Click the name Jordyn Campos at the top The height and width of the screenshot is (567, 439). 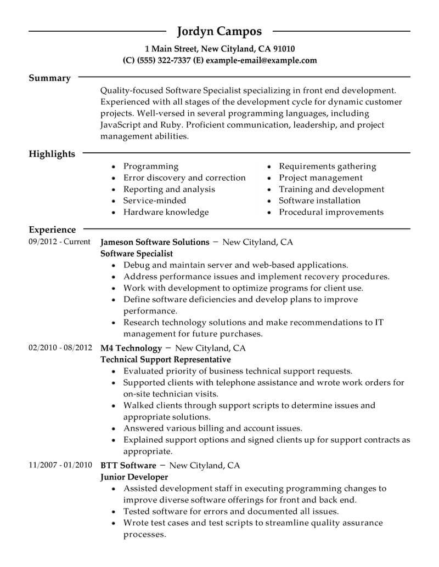click(219, 31)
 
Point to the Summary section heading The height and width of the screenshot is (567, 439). click(49, 78)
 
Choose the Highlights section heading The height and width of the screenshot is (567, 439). click(52, 154)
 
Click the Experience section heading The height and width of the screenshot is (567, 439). click(52, 230)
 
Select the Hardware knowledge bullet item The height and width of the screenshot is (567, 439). click(166, 212)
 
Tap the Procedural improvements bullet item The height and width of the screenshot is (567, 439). click(331, 212)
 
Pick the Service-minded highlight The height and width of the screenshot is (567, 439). click(155, 201)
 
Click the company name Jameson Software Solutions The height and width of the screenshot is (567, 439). click(155, 242)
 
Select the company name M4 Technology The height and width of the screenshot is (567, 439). click(132, 348)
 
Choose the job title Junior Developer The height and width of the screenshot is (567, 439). click(134, 477)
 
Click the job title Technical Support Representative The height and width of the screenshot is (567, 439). click(166, 359)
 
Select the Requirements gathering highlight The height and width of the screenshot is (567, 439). click(328, 166)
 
